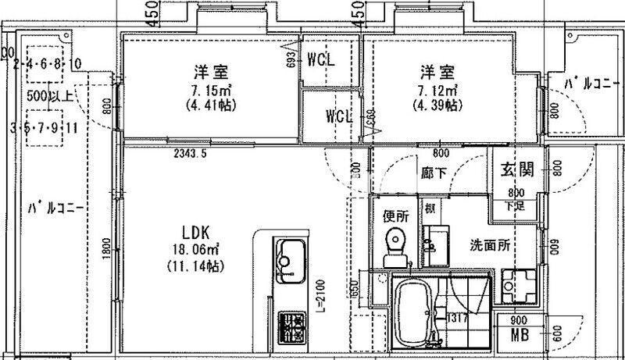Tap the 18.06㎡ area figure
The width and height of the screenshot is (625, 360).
195,249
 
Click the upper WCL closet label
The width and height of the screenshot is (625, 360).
321,59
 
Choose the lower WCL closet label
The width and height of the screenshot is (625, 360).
340,116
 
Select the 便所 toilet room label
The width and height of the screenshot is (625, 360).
396,216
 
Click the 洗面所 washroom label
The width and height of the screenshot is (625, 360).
489,244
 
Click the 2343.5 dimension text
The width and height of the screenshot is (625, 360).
190,154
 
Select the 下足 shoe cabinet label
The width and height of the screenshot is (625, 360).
514,205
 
